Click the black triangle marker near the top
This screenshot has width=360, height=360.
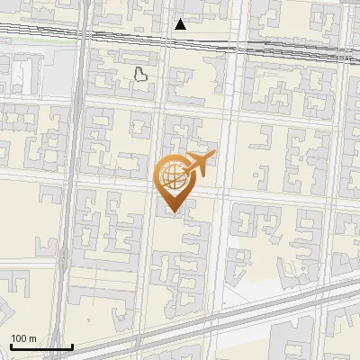click(x=181, y=24)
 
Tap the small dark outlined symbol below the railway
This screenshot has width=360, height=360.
click(x=140, y=75)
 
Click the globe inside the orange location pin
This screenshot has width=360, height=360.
click(x=171, y=177)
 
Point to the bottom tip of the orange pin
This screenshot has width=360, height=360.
click(x=171, y=212)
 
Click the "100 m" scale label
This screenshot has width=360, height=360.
click(x=23, y=338)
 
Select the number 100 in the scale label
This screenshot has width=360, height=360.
click(x=19, y=338)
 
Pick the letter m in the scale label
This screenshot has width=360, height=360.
click(x=32, y=338)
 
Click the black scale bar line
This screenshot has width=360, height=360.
click(x=40, y=346)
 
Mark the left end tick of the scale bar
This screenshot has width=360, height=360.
click(x=11, y=345)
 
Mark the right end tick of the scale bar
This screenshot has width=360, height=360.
click(x=72, y=345)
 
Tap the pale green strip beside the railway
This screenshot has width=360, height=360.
click(x=36, y=40)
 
